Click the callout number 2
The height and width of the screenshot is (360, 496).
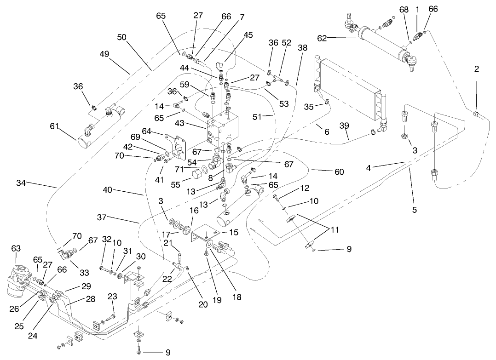[x=477, y=69]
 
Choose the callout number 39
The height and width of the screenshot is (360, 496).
[x=345, y=126]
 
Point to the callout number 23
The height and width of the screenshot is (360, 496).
[x=112, y=297]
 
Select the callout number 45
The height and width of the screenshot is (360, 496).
[x=248, y=35]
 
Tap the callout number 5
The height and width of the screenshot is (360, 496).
[x=414, y=210]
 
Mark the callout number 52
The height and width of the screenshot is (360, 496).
[x=287, y=42]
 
